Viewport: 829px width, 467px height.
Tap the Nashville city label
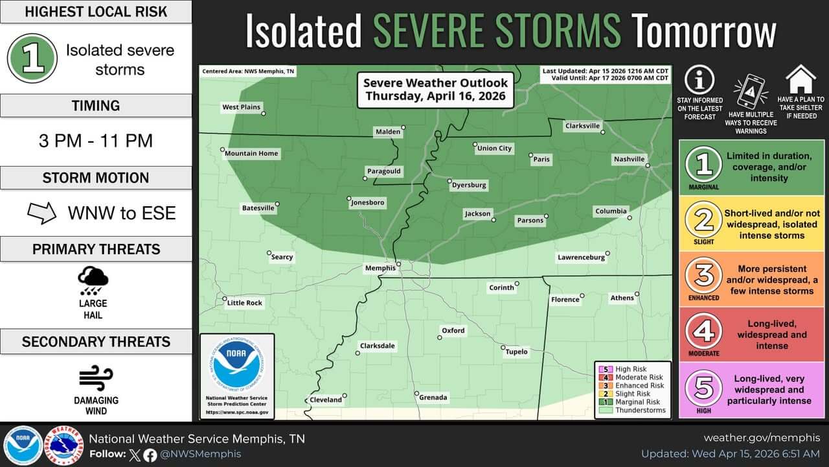(x=629, y=159)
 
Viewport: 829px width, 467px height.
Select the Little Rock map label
(x=244, y=303)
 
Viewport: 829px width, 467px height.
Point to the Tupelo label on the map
(x=516, y=352)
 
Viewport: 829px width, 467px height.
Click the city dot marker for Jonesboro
(x=349, y=198)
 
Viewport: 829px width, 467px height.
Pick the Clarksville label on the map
(x=582, y=126)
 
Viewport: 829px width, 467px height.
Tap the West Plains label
(x=241, y=107)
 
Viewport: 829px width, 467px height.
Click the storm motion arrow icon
(x=42, y=213)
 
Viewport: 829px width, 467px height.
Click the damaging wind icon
(x=96, y=378)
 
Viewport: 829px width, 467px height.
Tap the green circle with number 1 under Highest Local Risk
(x=32, y=58)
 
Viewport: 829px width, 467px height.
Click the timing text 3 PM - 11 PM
(x=96, y=140)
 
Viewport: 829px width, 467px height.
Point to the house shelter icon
(x=801, y=79)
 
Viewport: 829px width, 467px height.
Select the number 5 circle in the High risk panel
(x=703, y=388)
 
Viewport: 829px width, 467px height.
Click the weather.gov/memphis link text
(x=762, y=438)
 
